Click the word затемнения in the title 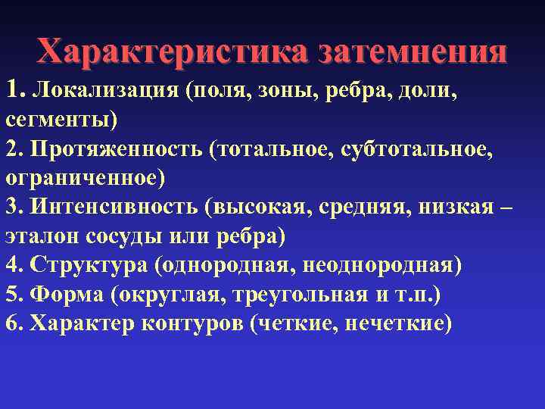tap(413, 52)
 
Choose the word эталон tap(37, 236)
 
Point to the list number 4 tap(11, 265)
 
